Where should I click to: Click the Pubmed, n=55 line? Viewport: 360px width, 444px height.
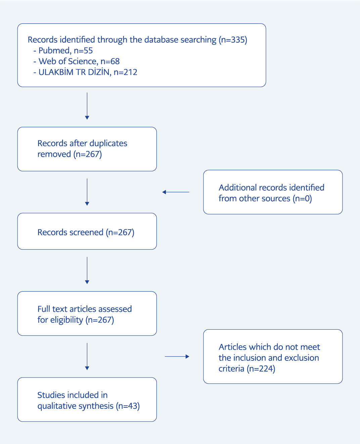(x=63, y=51)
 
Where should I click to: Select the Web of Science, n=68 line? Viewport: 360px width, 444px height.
(x=77, y=61)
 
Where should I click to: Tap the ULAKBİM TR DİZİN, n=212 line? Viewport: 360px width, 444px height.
(x=85, y=72)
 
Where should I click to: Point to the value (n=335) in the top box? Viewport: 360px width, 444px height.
(x=233, y=40)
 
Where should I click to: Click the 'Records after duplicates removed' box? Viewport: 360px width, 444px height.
(x=87, y=149)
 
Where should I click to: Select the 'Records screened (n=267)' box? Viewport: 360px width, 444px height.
(x=87, y=231)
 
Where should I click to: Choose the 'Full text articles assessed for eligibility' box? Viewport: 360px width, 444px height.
(x=87, y=313)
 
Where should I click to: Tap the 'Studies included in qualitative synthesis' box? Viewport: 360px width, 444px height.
(x=87, y=399)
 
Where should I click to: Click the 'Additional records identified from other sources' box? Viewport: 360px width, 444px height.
(x=273, y=192)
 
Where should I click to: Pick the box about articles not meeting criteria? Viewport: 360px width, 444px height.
(x=273, y=356)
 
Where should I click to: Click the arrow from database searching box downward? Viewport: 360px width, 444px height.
(x=87, y=106)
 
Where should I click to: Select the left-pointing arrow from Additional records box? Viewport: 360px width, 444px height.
(x=176, y=192)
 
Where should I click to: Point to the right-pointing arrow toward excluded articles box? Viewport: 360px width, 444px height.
(x=177, y=356)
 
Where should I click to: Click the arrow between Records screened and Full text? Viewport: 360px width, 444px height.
(x=87, y=270)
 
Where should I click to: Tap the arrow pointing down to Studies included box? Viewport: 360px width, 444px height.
(x=87, y=356)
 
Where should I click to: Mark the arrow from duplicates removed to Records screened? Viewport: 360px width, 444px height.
(x=87, y=192)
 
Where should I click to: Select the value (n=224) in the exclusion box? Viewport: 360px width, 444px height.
(x=261, y=369)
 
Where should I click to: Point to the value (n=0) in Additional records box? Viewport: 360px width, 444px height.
(x=302, y=198)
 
